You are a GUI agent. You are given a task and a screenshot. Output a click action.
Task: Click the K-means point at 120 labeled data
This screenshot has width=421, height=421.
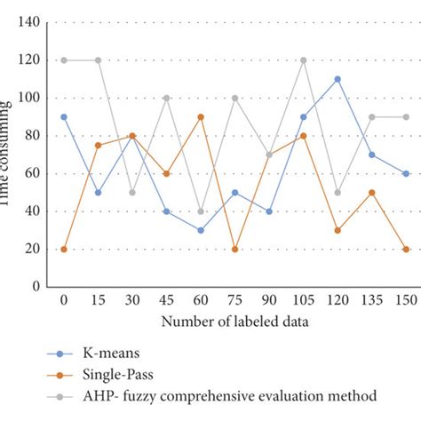(338, 79)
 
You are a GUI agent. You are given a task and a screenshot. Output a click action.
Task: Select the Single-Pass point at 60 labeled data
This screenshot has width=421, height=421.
(201, 116)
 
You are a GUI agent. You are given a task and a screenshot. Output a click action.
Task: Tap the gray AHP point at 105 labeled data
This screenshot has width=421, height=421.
(304, 60)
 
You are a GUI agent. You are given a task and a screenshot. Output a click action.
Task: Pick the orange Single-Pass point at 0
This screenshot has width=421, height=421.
(64, 250)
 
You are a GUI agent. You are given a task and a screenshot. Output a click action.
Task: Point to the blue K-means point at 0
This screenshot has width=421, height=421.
(64, 116)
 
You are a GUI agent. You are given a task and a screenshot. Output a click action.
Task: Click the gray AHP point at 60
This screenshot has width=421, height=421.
(201, 211)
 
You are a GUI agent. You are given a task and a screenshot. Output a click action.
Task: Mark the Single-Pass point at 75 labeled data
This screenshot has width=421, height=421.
(235, 250)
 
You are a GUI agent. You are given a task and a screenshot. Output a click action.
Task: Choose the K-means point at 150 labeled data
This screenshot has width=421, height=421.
(406, 173)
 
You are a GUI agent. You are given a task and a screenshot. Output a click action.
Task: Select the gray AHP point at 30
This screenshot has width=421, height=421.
(132, 192)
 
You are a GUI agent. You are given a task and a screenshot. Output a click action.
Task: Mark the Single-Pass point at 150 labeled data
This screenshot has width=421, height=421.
(406, 250)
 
